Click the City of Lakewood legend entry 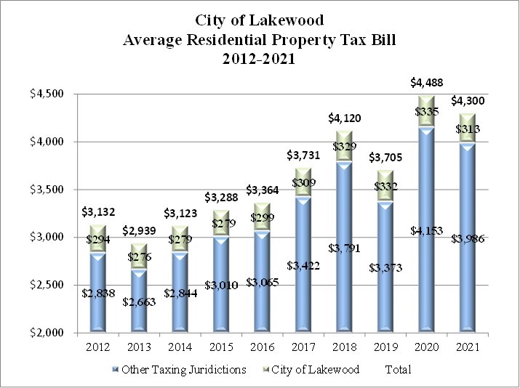tap(315, 369)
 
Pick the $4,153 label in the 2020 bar tap(426, 231)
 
